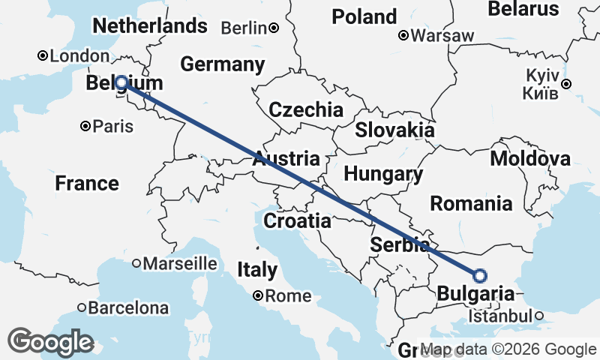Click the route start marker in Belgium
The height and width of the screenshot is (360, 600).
pyautogui.click(x=120, y=82)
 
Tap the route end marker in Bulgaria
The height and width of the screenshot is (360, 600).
pyautogui.click(x=480, y=275)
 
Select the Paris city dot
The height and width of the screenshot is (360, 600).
pyautogui.click(x=87, y=126)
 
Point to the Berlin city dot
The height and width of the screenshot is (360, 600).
pyautogui.click(x=274, y=28)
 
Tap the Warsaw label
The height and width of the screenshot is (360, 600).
pyautogui.click(x=442, y=35)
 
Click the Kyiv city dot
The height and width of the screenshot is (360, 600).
pyautogui.click(x=567, y=84)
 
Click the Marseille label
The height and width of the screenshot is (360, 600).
pyautogui.click(x=179, y=264)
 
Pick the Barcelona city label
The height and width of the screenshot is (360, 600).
pyautogui.click(x=128, y=307)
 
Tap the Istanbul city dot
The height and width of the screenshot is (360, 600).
pyautogui.click(x=539, y=316)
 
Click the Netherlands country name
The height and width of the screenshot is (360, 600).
pyautogui.click(x=149, y=25)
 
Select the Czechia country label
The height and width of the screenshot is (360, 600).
pyautogui.click(x=306, y=109)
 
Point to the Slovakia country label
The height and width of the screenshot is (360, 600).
pyautogui.click(x=394, y=129)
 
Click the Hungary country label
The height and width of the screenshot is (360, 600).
pyautogui.click(x=383, y=174)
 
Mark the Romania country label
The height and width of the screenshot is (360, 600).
pyautogui.click(x=471, y=202)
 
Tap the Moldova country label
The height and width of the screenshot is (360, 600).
pyautogui.click(x=529, y=158)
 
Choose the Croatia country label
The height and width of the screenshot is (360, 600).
pyautogui.click(x=297, y=220)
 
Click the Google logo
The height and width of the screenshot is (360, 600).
pyautogui.click(x=51, y=342)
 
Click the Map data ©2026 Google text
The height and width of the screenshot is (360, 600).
pyautogui.click(x=508, y=349)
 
